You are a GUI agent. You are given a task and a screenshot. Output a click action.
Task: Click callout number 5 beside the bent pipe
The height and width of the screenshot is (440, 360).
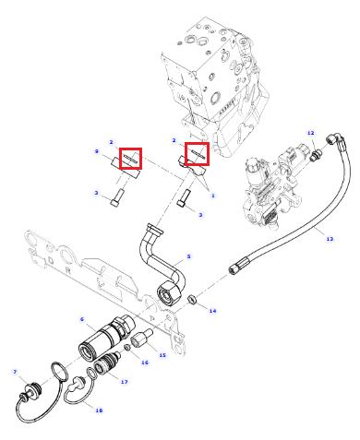point(189,256)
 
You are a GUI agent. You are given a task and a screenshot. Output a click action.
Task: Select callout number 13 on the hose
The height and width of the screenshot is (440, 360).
point(330,239)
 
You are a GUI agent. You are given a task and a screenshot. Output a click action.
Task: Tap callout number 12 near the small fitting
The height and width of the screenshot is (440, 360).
point(311,133)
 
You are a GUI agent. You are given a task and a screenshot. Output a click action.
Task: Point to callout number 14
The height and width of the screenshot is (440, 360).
point(212,311)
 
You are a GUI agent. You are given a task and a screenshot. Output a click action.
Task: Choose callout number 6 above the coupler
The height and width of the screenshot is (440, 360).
point(82,319)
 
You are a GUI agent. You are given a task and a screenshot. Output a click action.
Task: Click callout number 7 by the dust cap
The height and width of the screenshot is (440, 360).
point(15,372)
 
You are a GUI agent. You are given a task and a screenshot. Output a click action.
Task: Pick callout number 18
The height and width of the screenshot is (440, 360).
point(99,410)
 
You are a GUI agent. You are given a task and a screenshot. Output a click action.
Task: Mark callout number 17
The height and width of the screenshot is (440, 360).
point(124,382)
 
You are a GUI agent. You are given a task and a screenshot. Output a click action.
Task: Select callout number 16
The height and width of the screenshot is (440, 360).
point(145,363)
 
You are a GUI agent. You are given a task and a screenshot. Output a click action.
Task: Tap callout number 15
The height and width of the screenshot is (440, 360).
point(162,355)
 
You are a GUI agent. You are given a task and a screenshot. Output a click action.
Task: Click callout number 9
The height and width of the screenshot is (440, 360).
point(97,151)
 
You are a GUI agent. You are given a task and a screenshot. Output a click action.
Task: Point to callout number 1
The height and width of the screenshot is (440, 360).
point(213,196)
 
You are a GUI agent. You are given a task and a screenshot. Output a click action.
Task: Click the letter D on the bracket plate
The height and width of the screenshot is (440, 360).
point(51,260)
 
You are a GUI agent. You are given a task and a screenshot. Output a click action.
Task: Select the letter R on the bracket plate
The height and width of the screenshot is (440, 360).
point(68,271)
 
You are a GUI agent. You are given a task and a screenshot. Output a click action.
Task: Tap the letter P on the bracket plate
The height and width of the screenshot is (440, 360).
point(152,317)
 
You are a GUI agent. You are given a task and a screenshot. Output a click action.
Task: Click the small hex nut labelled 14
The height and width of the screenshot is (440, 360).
point(192,299)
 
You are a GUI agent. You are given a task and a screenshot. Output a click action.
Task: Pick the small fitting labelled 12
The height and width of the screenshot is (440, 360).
point(316,154)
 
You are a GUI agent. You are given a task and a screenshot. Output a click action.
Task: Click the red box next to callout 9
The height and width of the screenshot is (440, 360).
point(130,158)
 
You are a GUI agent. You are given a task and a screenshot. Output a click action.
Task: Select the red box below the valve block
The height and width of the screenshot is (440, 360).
point(197,153)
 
